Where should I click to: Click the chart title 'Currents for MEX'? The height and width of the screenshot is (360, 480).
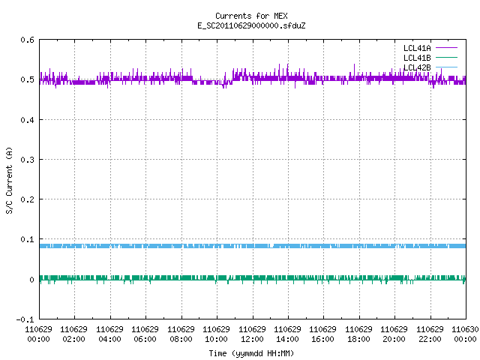click(251, 16)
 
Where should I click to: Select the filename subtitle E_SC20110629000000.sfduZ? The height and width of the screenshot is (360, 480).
click(251, 25)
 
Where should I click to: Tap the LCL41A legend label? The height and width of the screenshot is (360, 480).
click(417, 48)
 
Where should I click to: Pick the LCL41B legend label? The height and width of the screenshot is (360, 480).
click(417, 58)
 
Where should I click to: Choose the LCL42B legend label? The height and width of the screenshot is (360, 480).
click(417, 67)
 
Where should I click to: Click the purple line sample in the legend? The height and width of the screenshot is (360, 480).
click(446, 48)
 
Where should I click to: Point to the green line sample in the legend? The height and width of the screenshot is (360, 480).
click(446, 58)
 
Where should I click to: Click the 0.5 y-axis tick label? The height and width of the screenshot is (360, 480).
click(27, 79)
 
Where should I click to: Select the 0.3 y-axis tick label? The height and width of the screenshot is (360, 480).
click(27, 160)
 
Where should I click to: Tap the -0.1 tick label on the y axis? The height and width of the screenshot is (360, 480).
click(25, 319)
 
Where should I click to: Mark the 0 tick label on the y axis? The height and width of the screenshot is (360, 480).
click(31, 280)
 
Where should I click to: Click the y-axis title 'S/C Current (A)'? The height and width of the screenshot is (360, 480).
click(10, 181)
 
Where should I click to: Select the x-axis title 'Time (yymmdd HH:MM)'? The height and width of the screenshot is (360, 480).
click(251, 353)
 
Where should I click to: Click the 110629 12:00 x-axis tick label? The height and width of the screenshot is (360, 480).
click(252, 334)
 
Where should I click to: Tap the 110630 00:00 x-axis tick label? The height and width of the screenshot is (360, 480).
click(465, 334)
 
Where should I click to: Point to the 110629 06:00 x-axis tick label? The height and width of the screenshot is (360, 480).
click(145, 334)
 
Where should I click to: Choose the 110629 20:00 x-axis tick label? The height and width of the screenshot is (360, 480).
click(394, 334)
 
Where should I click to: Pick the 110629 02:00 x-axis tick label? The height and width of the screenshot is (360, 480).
click(73, 334)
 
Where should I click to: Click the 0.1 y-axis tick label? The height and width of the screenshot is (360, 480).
click(27, 239)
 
